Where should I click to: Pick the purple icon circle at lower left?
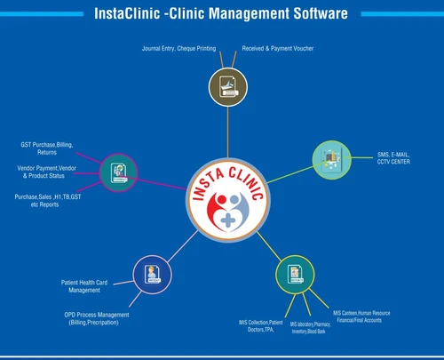coord(151,272)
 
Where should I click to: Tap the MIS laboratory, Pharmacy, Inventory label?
coord(311,328)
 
